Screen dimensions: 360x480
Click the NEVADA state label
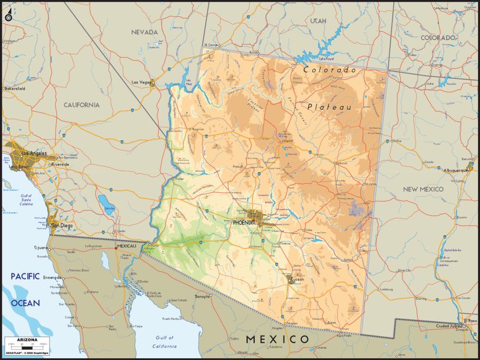pos(144,32)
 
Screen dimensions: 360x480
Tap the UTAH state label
pos(318,21)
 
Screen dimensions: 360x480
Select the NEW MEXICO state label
pos(423,189)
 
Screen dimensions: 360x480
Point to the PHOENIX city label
pos(243,222)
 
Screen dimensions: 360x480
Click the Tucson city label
pos(297,279)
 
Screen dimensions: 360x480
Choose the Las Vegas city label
pos(141,83)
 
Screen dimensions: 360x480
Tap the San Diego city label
pos(62,225)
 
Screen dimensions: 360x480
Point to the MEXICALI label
pos(127,246)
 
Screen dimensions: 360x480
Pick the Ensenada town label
pos(52,277)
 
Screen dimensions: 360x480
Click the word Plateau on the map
pos(329,107)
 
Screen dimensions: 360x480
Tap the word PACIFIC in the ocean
pos(24,276)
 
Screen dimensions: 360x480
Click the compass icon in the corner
pos(8,17)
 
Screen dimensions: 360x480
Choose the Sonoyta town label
pos(202,296)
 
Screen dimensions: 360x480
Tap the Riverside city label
pos(60,165)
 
